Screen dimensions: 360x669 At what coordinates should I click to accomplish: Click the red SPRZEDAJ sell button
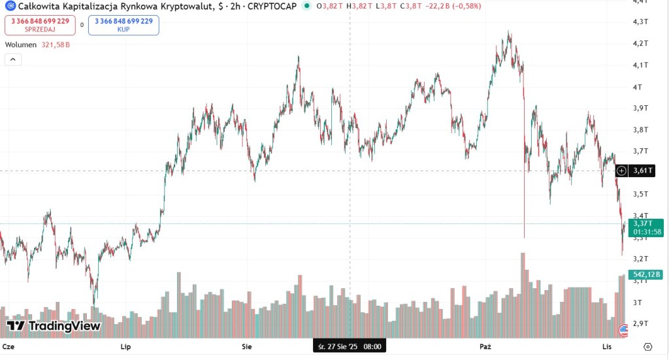(x=40, y=25)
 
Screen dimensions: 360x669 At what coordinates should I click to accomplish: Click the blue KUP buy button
(x=123, y=25)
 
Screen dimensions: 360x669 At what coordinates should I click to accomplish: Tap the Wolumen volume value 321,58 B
(x=56, y=45)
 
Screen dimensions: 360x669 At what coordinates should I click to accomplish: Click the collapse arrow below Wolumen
(x=13, y=59)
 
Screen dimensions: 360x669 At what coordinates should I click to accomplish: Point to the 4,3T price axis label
(x=641, y=22)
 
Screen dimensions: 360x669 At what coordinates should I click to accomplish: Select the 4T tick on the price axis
(x=638, y=87)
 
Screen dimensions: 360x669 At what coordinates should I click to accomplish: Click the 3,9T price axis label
(x=641, y=108)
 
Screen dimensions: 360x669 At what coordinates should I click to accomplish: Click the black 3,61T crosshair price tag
(x=643, y=171)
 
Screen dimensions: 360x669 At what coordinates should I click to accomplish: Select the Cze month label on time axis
(x=9, y=346)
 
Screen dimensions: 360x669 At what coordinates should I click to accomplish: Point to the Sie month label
(x=247, y=346)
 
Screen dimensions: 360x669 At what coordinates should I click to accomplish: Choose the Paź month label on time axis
(x=485, y=346)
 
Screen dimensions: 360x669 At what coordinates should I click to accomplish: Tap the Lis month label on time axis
(x=607, y=346)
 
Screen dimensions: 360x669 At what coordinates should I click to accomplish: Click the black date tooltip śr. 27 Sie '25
(x=349, y=346)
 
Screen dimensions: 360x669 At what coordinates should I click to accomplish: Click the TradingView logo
(x=54, y=326)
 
